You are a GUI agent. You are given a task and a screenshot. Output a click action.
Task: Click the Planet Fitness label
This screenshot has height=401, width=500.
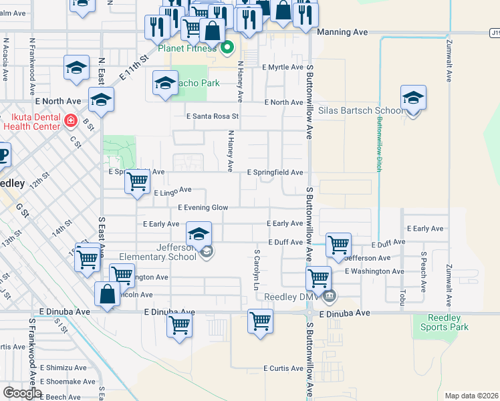pos(187,48)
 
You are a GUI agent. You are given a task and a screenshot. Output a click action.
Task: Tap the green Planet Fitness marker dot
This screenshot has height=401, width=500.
pos(227,47)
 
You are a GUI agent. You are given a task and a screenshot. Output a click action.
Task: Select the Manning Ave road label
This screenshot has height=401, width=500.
pos(342,31)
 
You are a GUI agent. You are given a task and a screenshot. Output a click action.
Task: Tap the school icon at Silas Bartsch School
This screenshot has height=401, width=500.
pos(413,98)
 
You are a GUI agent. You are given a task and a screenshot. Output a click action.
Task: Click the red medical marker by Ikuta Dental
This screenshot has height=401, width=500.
pos(71,121)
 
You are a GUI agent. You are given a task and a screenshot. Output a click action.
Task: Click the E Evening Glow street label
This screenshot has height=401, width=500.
pos(203,208)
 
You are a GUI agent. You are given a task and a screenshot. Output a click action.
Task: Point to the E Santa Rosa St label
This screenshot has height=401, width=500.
pos(212,116)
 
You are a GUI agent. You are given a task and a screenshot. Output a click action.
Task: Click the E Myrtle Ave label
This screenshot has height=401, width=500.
pos(283,68)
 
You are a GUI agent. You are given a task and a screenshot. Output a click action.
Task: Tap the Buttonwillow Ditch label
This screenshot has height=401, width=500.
pos(378,144)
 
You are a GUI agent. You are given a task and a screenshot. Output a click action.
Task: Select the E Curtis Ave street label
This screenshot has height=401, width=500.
pos(283,368)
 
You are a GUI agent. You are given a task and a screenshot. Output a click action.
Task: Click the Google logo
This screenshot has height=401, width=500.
pos(23,393)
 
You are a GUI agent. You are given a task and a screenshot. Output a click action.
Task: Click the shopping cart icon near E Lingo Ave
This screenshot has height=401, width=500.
pos(137,180)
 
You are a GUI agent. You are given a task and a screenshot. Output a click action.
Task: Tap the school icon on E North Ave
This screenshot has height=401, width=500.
pos(101,100)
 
